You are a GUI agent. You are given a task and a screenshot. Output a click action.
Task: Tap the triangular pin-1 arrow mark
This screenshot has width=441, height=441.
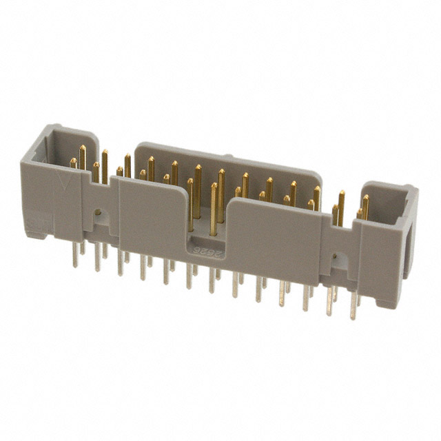point(66,185)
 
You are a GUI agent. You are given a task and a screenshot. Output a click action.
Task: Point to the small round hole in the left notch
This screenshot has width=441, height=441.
point(99,212)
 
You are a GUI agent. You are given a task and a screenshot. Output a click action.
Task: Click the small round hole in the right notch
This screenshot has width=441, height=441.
point(336,259)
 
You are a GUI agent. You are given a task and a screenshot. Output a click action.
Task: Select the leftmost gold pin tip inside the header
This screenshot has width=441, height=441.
point(73,163)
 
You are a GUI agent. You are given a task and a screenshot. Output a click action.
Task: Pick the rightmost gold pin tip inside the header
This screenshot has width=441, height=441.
point(365,200)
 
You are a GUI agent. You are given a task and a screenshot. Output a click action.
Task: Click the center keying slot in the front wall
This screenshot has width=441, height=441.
point(211,227)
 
